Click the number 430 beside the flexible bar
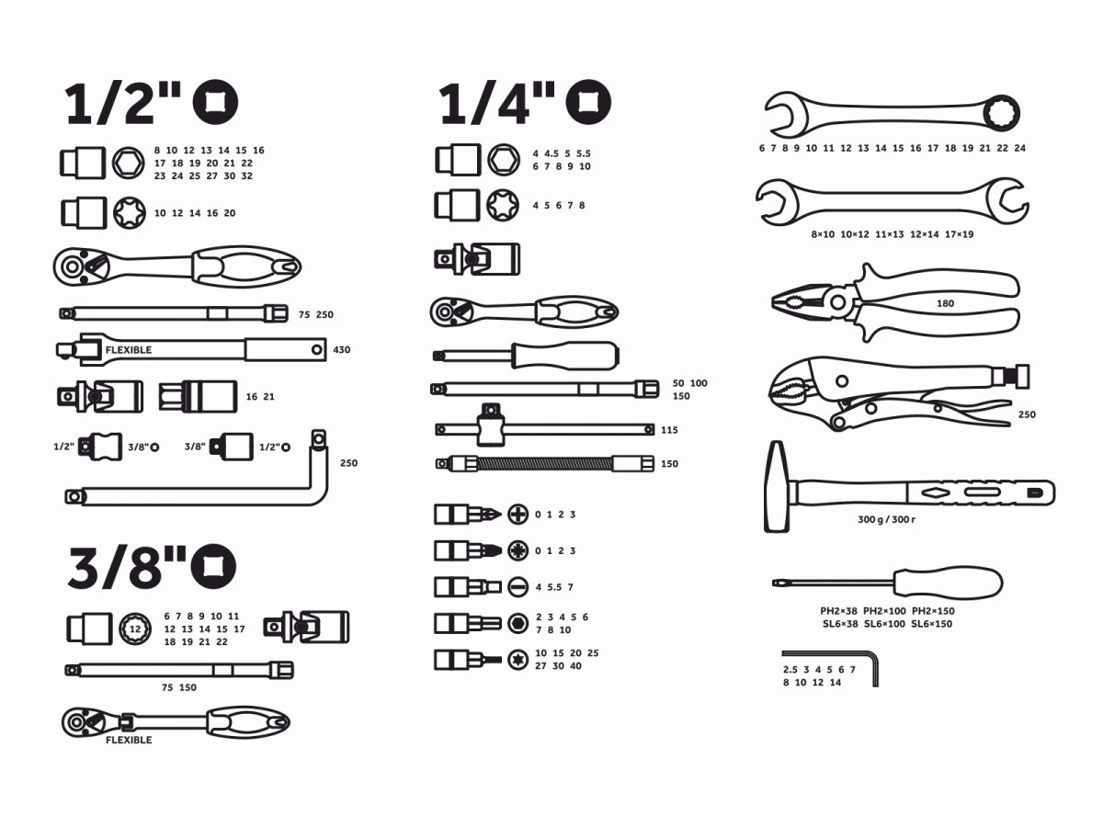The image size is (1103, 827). (341, 349)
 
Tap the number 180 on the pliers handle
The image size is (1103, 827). (945, 303)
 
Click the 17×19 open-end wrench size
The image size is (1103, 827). (960, 234)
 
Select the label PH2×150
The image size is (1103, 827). (933, 611)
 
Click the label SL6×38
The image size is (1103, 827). (840, 624)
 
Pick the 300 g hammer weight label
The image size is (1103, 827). (870, 519)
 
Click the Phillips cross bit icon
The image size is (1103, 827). (517, 515)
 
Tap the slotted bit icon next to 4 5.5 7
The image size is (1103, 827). (517, 587)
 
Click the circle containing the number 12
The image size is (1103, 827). (135, 629)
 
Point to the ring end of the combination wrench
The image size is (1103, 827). (1002, 111)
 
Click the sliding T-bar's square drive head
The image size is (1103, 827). (491, 425)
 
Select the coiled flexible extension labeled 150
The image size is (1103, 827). (545, 463)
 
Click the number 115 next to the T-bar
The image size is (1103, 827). (669, 430)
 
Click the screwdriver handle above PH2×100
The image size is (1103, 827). (948, 583)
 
